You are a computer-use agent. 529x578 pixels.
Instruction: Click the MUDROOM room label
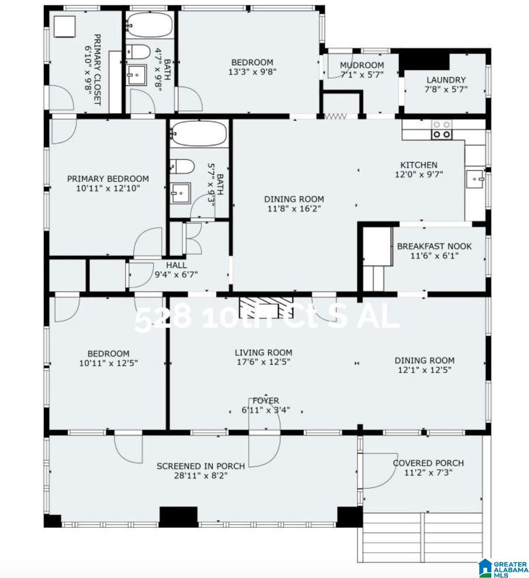click(362, 65)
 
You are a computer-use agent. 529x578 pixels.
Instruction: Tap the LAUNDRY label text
click(446, 80)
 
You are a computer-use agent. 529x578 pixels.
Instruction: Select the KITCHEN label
click(418, 165)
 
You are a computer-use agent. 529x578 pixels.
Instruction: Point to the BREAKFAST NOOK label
click(434, 246)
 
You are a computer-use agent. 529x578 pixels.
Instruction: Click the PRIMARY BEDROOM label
click(108, 179)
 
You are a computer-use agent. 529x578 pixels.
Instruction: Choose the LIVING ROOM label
click(263, 352)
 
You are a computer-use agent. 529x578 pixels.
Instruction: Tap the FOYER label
click(266, 401)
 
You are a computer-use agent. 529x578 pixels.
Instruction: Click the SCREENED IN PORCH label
click(200, 466)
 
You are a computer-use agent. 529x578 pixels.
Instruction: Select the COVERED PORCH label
click(428, 463)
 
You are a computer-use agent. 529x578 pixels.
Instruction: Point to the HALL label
click(176, 265)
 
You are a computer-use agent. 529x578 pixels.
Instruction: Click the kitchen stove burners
click(442, 130)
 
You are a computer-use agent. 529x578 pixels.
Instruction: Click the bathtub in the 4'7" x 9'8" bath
click(150, 25)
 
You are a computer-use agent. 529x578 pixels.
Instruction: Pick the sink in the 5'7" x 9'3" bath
click(180, 192)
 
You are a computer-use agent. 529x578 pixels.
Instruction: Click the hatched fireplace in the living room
click(266, 307)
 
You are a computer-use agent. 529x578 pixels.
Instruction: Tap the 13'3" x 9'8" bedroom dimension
click(252, 71)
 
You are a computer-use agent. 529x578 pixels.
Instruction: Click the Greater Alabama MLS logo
click(503, 568)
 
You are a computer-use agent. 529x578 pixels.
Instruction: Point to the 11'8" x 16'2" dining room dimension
click(294, 209)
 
